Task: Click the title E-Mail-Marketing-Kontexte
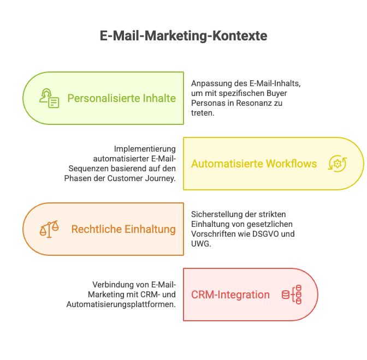pyautogui.click(x=183, y=36)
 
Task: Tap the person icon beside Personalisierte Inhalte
pyautogui.click(x=49, y=98)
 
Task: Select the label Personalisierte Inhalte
pyautogui.click(x=121, y=98)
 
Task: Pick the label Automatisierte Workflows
pyautogui.click(x=254, y=164)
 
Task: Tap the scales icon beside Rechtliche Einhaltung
pyautogui.click(x=49, y=229)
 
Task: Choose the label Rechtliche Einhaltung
pyautogui.click(x=123, y=229)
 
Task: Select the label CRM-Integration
pyautogui.click(x=230, y=295)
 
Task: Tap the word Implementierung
pyautogui.click(x=145, y=149)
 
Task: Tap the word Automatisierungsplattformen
pyautogui.click(x=121, y=304)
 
